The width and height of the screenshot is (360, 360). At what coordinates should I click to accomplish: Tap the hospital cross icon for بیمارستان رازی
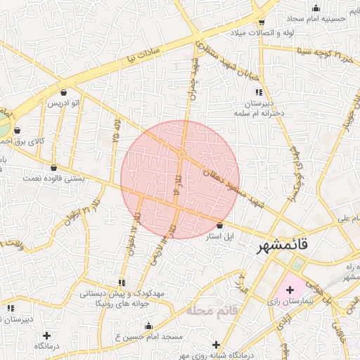click(x=290, y=290)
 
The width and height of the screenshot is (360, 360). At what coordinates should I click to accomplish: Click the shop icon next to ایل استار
click(x=221, y=226)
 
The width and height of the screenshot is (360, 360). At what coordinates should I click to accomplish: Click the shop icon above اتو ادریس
click(x=64, y=92)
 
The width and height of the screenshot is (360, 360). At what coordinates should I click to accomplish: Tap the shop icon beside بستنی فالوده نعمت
click(x=54, y=167)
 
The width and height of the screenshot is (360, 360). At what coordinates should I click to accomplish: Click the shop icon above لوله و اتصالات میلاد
click(x=261, y=22)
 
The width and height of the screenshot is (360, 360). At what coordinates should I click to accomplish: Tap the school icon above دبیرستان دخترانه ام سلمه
click(x=259, y=92)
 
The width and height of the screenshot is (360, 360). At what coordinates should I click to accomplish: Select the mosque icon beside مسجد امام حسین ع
click(x=148, y=326)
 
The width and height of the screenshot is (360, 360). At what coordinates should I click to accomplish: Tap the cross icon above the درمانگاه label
click(x=46, y=335)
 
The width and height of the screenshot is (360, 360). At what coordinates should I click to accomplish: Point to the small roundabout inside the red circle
click(x=181, y=154)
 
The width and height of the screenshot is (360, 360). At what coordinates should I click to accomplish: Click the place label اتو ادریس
click(x=63, y=103)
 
